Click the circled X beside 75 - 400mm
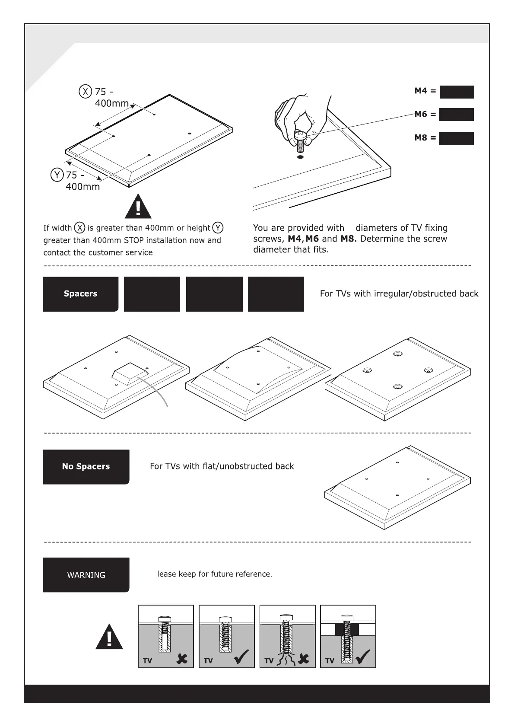pyautogui.click(x=85, y=92)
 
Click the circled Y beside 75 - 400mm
pyautogui.click(x=57, y=175)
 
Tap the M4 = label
pyautogui.click(x=425, y=91)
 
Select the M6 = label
pyautogui.click(x=425, y=115)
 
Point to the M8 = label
pyautogui.click(x=425, y=138)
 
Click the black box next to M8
pyautogui.click(x=456, y=138)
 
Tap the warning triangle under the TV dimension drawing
pyautogui.click(x=138, y=207)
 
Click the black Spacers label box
pyautogui.click(x=80, y=294)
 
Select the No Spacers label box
pyautogui.click(x=86, y=467)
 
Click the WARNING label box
pyautogui.click(x=86, y=575)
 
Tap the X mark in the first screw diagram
pyautogui.click(x=182, y=659)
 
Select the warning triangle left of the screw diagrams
pyautogui.click(x=109, y=637)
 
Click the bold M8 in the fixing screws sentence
pyautogui.click(x=347, y=239)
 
